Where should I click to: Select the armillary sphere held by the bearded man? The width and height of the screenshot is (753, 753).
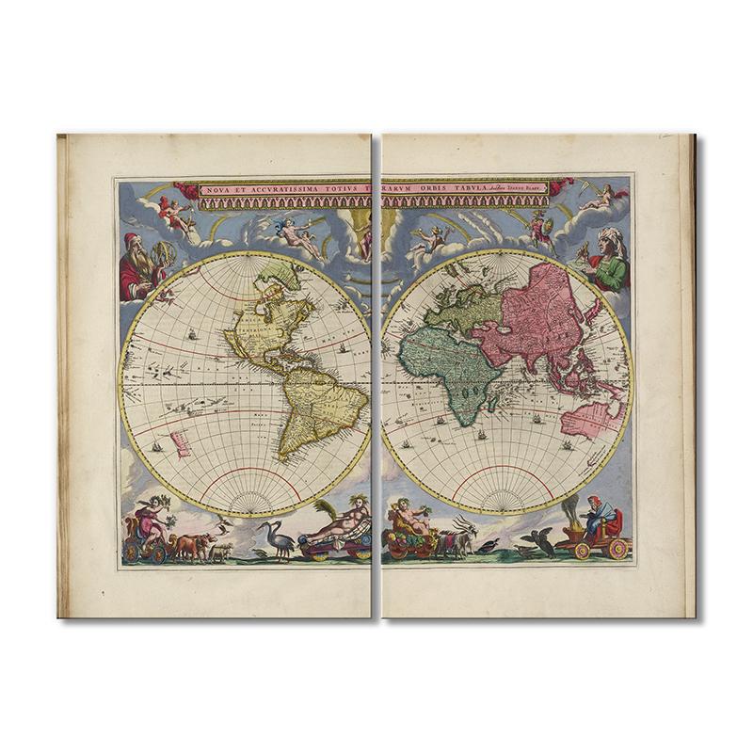[165, 255]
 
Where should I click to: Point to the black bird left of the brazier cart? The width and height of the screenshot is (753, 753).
[538, 542]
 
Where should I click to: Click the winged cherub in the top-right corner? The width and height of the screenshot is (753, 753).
[603, 197]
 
